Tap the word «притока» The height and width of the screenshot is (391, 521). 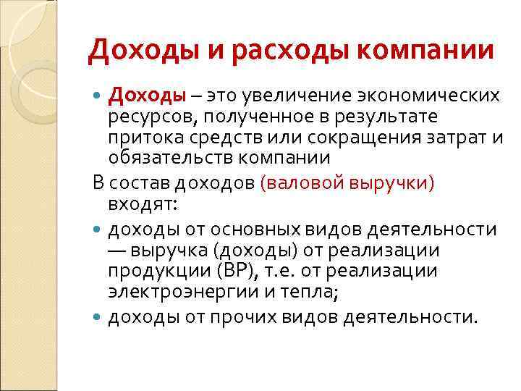click(x=143, y=138)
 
